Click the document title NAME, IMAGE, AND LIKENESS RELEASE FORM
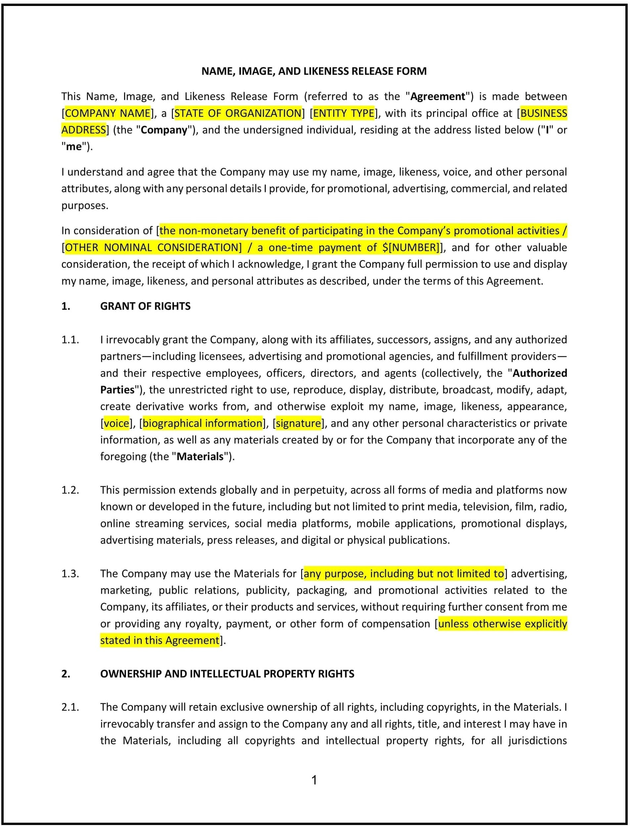(x=314, y=71)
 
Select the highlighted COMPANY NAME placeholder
(x=108, y=113)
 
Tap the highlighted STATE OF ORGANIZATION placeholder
(x=238, y=113)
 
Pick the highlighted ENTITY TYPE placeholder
(x=344, y=113)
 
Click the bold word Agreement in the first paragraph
(x=437, y=97)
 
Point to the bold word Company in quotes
(x=164, y=130)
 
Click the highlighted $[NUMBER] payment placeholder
(x=410, y=248)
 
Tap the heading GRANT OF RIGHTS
(x=145, y=306)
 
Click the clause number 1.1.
(x=70, y=340)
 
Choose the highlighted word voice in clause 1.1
(x=116, y=423)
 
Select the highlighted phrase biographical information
(x=203, y=423)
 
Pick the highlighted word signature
(x=298, y=423)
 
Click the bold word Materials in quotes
(x=200, y=457)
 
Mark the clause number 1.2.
(x=70, y=490)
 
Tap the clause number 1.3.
(x=70, y=574)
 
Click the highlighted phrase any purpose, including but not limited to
(x=403, y=574)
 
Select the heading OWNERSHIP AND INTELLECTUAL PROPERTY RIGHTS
(x=227, y=674)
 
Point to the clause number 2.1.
(x=70, y=707)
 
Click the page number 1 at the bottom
(x=314, y=781)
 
